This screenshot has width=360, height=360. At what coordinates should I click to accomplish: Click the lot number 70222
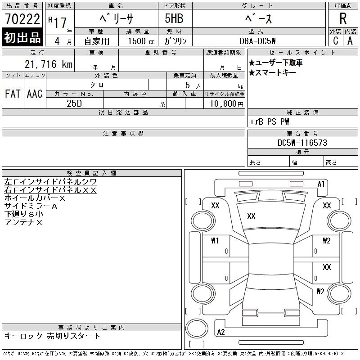click(x=22, y=18)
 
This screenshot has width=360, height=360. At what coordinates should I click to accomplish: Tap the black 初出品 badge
click(x=22, y=37)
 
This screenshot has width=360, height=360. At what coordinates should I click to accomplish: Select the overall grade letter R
click(x=343, y=18)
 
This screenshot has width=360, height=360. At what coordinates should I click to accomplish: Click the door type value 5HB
click(x=174, y=18)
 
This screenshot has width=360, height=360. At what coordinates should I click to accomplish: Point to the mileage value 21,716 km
click(x=49, y=64)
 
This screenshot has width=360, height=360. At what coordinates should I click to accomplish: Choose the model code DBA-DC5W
click(x=257, y=41)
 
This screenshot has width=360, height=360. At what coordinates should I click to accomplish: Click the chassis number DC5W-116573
click(x=302, y=143)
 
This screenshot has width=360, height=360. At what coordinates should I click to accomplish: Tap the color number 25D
click(x=74, y=103)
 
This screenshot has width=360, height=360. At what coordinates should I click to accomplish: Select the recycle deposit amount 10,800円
click(x=227, y=103)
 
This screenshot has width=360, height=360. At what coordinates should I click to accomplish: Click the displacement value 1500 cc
click(x=141, y=41)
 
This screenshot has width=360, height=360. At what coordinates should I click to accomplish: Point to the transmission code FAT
click(x=13, y=94)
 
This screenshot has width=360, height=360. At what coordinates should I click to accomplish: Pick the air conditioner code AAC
click(x=35, y=94)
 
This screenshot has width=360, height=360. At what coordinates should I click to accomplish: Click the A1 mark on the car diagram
click(x=321, y=184)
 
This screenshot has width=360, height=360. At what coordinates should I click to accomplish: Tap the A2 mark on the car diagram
click(x=221, y=332)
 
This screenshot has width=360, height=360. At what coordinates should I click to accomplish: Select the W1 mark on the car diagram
click(x=215, y=241)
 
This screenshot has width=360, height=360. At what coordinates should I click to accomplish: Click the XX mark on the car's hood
click(x=251, y=216)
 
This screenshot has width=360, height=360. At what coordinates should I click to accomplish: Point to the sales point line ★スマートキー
click(x=272, y=73)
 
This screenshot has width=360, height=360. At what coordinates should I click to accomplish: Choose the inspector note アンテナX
click(x=23, y=222)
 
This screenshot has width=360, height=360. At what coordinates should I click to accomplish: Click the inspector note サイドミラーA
click(x=31, y=206)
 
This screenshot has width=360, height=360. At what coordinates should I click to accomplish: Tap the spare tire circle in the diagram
click(x=197, y=328)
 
